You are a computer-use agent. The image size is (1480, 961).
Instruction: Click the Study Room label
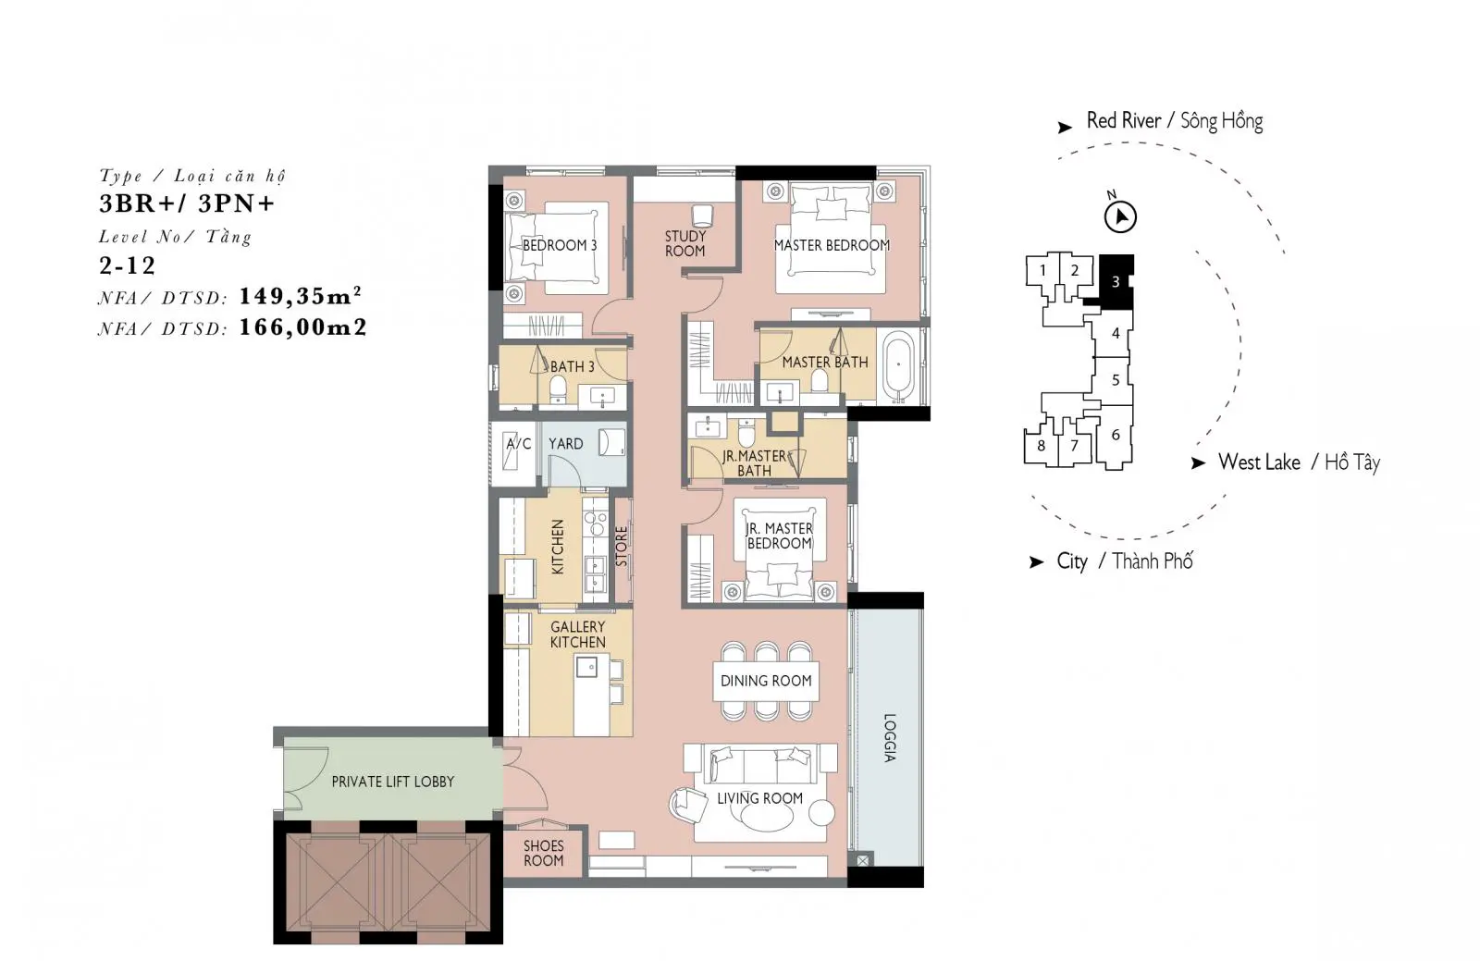(685, 243)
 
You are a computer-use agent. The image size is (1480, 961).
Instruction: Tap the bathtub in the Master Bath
(898, 367)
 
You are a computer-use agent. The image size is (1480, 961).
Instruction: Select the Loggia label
(890, 738)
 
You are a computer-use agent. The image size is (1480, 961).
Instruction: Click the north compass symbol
(1120, 216)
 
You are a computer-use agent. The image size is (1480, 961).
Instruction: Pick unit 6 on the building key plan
(1116, 436)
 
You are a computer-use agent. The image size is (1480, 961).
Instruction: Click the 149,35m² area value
(300, 297)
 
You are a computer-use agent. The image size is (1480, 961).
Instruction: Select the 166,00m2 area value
(302, 326)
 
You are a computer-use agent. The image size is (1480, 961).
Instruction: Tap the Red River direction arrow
(1065, 128)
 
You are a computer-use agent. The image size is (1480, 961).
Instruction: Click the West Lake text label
(1259, 462)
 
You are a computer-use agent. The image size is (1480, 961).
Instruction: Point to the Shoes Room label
(544, 853)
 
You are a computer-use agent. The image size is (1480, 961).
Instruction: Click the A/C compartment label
(519, 444)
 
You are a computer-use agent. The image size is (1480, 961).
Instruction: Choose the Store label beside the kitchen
(621, 547)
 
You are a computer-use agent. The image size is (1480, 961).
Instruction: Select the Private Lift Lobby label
(393, 782)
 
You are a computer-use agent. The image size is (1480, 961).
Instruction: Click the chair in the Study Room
(702, 216)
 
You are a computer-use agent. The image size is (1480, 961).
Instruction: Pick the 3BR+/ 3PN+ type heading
(187, 203)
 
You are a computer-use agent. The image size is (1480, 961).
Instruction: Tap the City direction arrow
(1036, 562)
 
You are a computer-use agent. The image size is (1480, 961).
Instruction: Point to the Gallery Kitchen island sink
(586, 667)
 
